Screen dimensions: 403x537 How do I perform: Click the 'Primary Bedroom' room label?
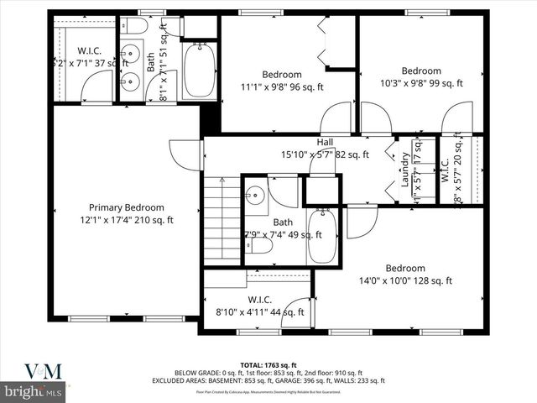[127, 207]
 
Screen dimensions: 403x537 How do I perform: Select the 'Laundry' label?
[406, 169]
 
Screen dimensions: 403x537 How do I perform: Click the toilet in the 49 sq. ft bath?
[261, 247]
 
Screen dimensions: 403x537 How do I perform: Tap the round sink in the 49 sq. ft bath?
[255, 196]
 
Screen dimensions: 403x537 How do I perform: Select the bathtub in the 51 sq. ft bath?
[201, 71]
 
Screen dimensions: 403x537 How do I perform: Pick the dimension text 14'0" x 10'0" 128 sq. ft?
[405, 281]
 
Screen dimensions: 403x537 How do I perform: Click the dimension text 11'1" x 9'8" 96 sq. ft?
[282, 86]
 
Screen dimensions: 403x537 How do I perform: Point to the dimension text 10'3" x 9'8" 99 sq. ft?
[420, 83]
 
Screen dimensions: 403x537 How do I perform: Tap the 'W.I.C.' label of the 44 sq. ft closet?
[259, 300]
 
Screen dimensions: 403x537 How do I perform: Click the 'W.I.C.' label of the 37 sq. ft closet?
[89, 50]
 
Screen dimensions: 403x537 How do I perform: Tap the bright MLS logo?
[34, 391]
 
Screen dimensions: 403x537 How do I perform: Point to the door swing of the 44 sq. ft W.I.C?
[296, 312]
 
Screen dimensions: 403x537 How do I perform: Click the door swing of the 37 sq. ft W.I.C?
[98, 86]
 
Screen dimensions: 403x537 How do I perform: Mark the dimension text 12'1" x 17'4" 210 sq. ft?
[127, 221]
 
